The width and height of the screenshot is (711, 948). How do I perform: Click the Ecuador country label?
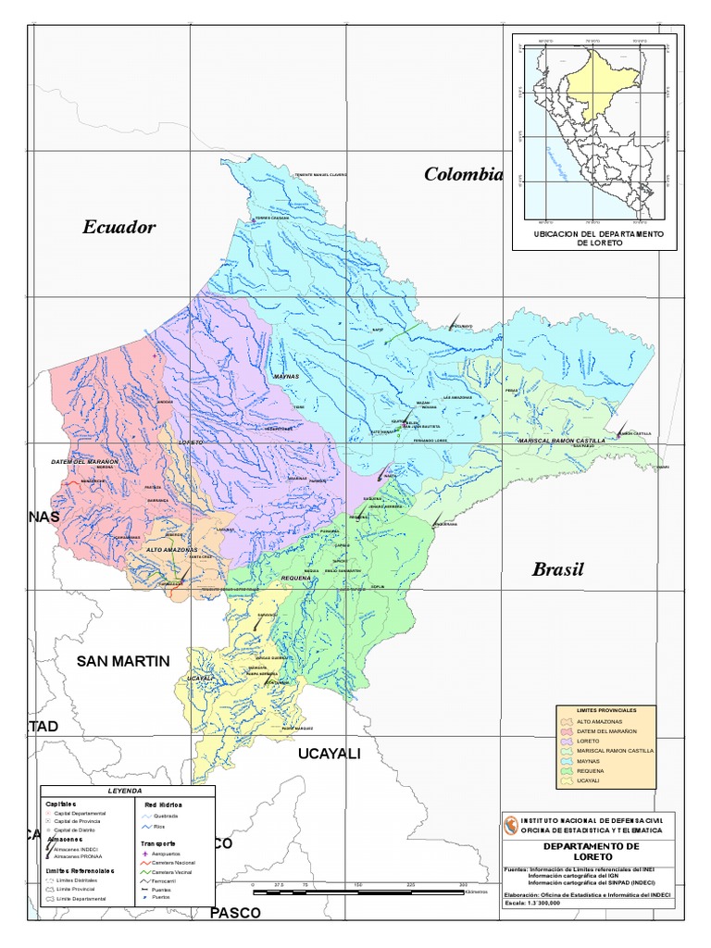[119, 228]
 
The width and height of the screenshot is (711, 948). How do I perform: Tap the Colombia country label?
[463, 174]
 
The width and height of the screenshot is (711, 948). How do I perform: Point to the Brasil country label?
[558, 569]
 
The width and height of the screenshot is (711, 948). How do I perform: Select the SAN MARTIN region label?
[123, 661]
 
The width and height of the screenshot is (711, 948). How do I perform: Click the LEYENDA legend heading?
[125, 792]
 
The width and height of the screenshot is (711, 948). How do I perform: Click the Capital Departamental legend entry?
[79, 812]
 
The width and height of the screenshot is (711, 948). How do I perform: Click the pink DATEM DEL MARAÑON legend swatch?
[565, 731]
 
